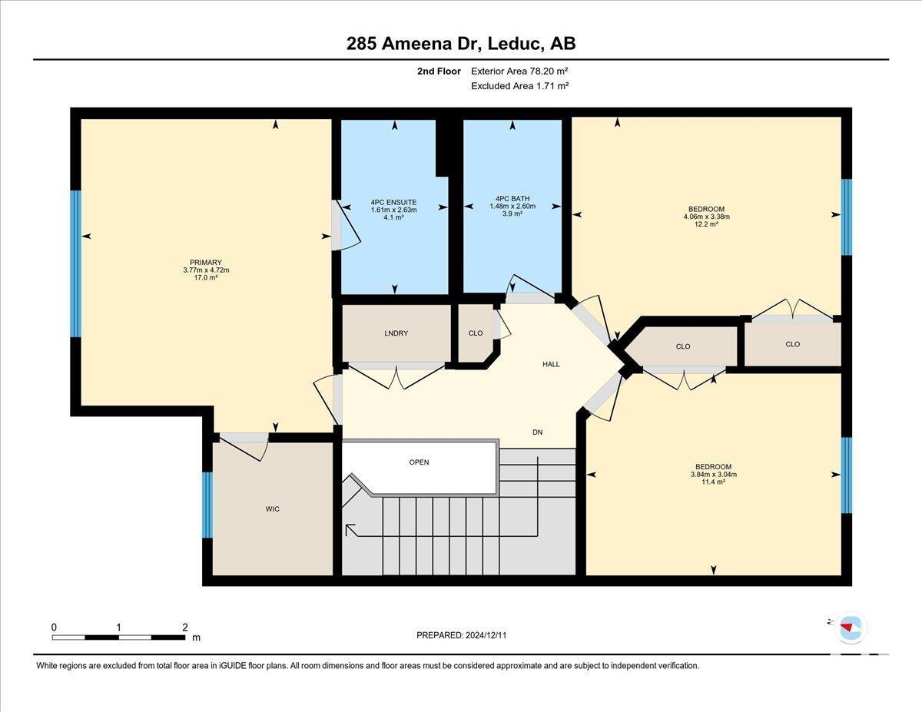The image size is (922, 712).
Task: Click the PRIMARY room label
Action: coord(206,263)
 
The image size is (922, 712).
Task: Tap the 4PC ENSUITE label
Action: coord(393,202)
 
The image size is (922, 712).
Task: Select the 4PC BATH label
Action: coord(512,198)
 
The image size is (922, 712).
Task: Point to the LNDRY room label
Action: coord(396,333)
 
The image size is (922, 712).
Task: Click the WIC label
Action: coord(273,509)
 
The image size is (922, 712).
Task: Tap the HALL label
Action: coord(551,364)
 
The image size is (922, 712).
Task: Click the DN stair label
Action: coord(538,432)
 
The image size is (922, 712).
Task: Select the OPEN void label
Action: coord(419,462)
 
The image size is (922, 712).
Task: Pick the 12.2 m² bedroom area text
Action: coord(706,224)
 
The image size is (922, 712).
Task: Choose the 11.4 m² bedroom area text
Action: coord(713,482)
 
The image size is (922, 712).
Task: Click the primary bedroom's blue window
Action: coord(75,263)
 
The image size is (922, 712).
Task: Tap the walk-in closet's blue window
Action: coord(207,505)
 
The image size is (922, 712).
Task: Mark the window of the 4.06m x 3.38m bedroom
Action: coord(847,217)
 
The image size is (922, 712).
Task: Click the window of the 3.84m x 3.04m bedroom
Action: coord(847,475)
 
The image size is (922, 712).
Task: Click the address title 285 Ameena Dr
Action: coord(413,44)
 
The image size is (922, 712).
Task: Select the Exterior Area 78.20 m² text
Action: coord(519,71)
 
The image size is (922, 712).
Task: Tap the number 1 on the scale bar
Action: coord(119,628)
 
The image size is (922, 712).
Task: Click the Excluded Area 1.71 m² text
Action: coord(519,86)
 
